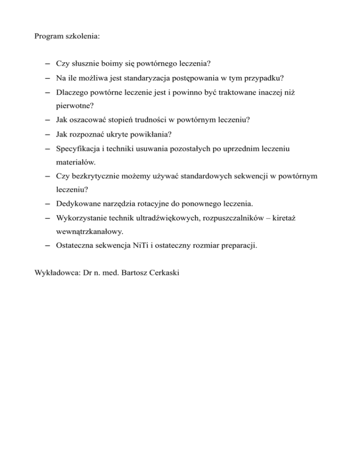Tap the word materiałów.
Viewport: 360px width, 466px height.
coord(76,163)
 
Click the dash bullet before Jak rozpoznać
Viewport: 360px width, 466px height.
coord(48,135)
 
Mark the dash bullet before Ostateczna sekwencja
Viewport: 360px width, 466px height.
coord(48,245)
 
